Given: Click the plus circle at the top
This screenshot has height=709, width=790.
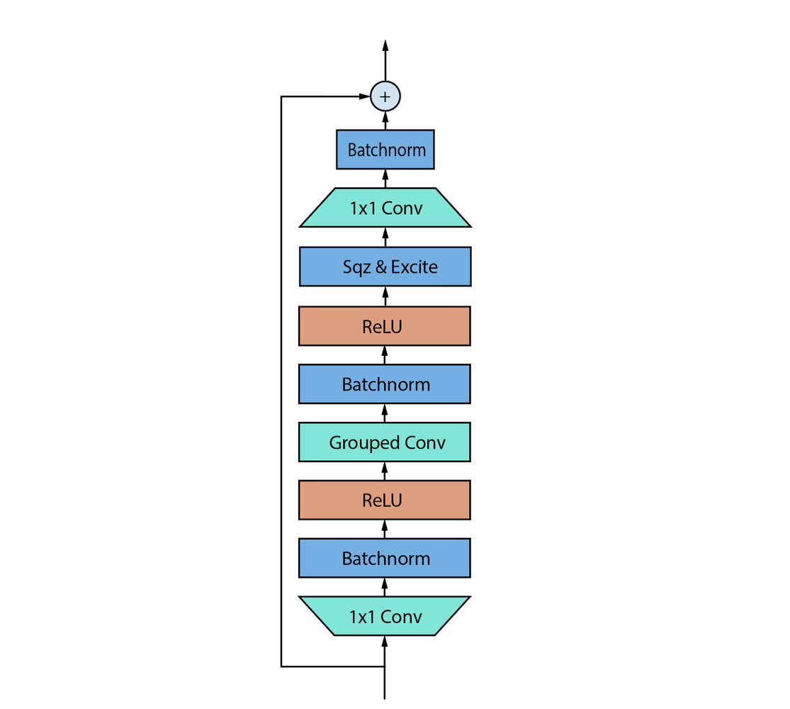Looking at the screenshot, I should pyautogui.click(x=385, y=96).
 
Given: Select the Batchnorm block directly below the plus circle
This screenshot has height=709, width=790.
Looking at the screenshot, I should pyautogui.click(x=385, y=150).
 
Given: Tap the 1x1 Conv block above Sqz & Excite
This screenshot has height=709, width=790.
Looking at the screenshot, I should pyautogui.click(x=385, y=208).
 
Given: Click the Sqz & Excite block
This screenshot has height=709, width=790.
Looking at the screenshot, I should pyautogui.click(x=385, y=267).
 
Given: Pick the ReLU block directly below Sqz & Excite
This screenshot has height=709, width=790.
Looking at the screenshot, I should pyautogui.click(x=385, y=326).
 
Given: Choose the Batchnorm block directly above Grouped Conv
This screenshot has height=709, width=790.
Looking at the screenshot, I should pyautogui.click(x=385, y=384).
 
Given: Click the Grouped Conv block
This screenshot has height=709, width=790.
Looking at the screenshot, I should pyautogui.click(x=385, y=442).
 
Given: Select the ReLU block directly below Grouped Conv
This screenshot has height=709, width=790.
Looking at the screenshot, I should pyautogui.click(x=385, y=500).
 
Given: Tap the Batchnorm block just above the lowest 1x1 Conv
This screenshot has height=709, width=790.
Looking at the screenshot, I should pyautogui.click(x=385, y=558).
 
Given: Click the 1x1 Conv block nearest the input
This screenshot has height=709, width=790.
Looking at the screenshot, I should pyautogui.click(x=385, y=616).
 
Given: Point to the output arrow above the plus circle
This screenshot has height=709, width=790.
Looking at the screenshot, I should pyautogui.click(x=385, y=60).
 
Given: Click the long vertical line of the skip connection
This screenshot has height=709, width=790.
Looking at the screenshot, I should pyautogui.click(x=282, y=383).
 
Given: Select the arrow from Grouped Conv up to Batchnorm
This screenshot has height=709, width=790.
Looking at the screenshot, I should pyautogui.click(x=385, y=413).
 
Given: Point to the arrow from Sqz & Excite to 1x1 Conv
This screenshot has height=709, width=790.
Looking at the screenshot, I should pyautogui.click(x=385, y=237).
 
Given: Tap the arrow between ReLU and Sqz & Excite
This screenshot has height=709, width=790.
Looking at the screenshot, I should pyautogui.click(x=385, y=296).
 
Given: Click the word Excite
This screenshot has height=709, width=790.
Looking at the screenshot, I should pyautogui.click(x=414, y=267).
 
